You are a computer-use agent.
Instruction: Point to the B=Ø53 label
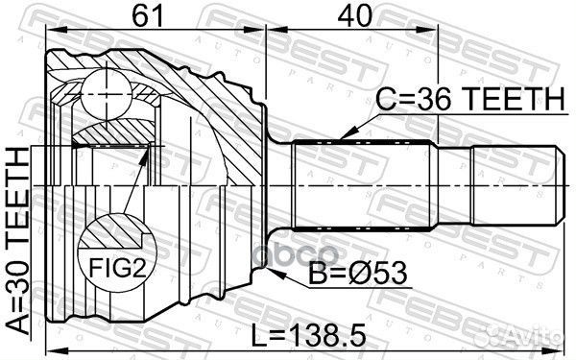tap(361, 276)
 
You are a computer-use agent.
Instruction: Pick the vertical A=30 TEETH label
tap(18, 240)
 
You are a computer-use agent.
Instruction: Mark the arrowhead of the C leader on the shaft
tap(344, 138)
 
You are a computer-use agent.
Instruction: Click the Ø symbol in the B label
tap(361, 276)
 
